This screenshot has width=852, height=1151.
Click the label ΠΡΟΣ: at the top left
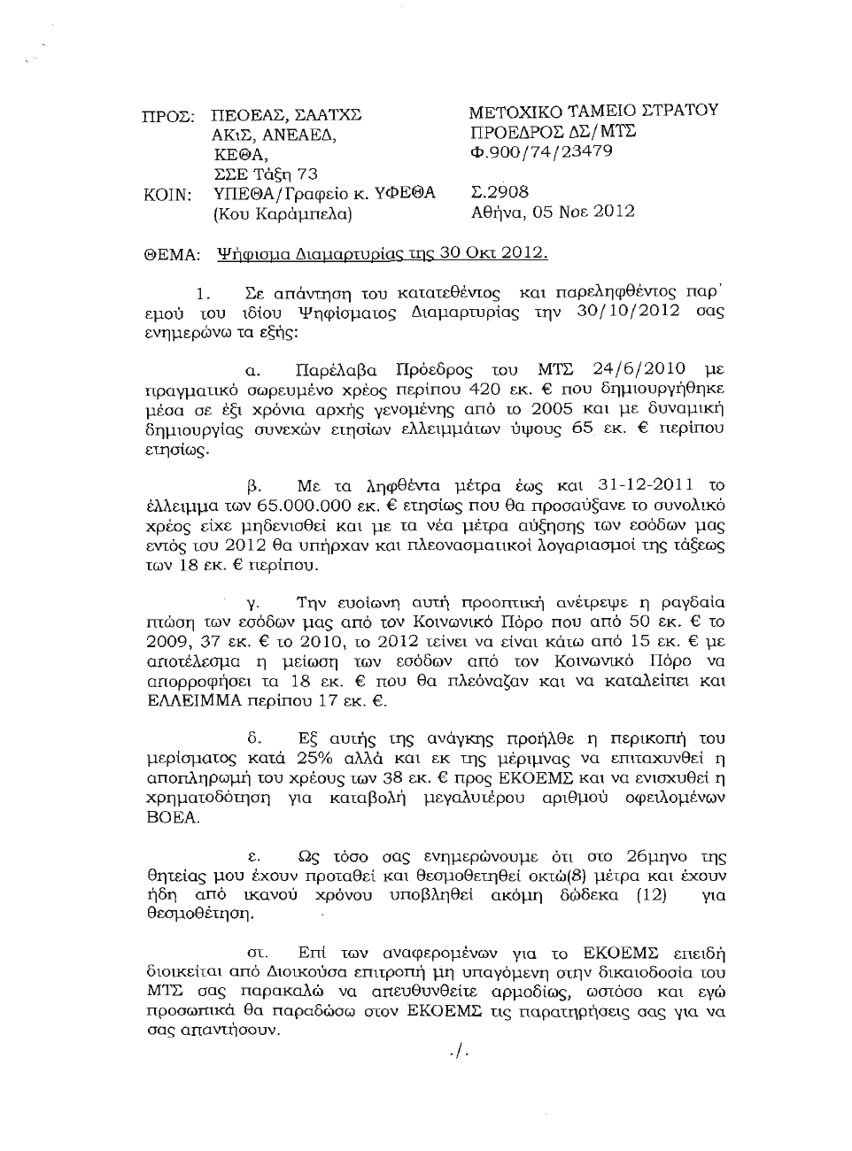click(168, 116)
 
